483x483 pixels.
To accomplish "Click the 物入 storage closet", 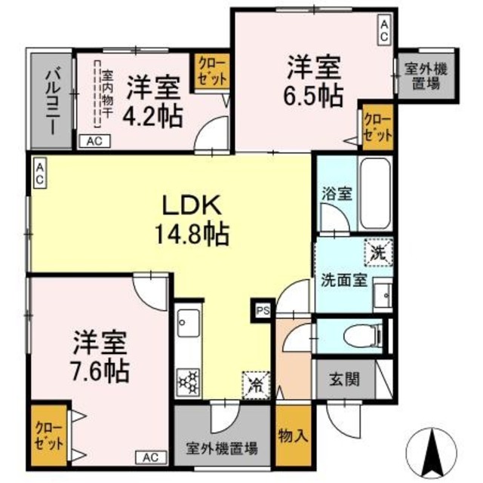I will coord(293,435).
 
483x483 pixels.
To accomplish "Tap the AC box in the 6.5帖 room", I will coord(383,30).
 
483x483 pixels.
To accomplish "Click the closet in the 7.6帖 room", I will coord(48,435).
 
